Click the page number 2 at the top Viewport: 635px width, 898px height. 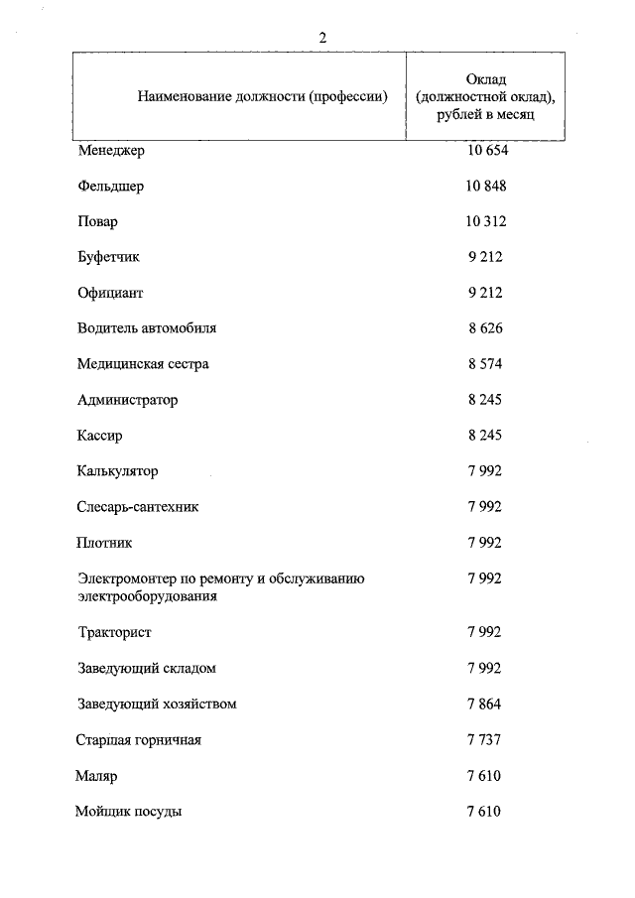tap(322, 38)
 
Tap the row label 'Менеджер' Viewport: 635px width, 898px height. tap(111, 151)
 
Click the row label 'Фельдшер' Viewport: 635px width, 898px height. tap(110, 187)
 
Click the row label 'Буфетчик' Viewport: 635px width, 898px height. tap(109, 257)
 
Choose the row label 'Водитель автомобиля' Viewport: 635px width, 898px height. tap(147, 327)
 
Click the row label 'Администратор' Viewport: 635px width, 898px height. tap(127, 400)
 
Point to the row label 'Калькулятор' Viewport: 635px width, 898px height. tap(118, 470)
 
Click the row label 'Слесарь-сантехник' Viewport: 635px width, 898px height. tap(138, 506)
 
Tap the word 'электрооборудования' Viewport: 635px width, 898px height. tap(147, 596)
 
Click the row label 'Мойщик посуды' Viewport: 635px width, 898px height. tap(128, 811)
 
